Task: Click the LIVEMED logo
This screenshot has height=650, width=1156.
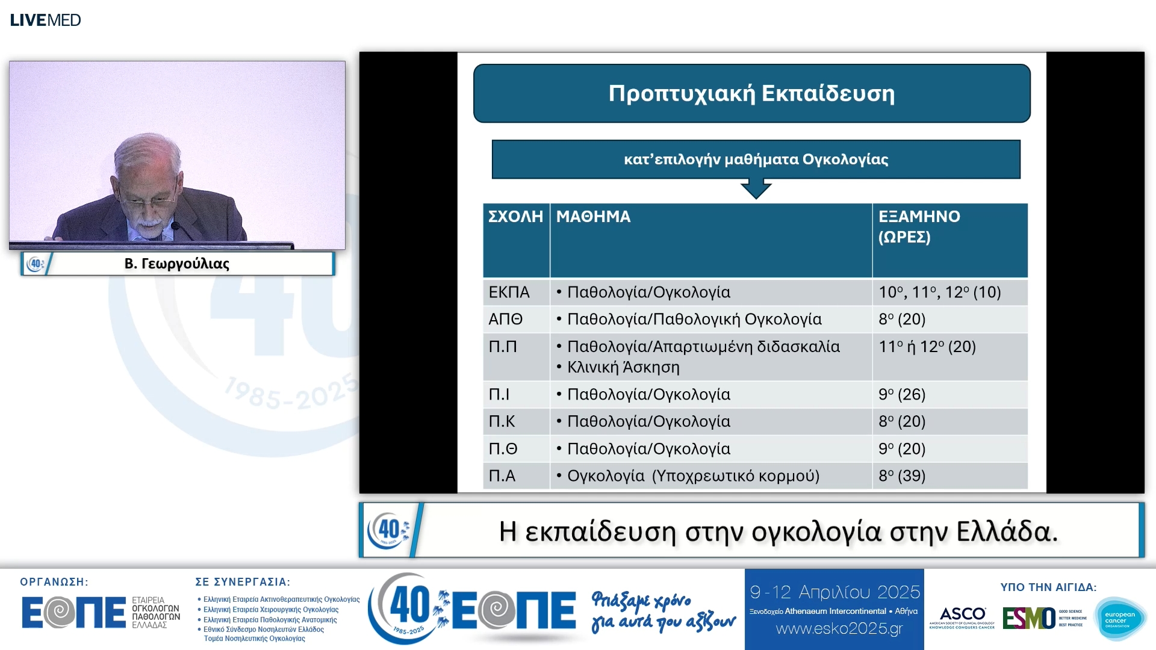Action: [x=45, y=20]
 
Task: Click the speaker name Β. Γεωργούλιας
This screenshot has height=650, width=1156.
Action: [x=176, y=264]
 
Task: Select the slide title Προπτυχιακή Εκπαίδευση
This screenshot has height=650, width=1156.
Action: [x=751, y=94]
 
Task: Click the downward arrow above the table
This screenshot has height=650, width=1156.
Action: [x=756, y=188]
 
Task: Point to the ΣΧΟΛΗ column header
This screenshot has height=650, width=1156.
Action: [x=515, y=217]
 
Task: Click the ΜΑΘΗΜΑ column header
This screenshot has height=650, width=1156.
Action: [x=593, y=217]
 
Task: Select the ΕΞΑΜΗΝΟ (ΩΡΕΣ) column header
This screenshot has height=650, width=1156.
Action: [x=919, y=226]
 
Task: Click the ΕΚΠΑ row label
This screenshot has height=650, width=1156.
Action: [x=509, y=292]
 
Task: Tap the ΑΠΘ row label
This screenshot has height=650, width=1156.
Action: [x=505, y=320]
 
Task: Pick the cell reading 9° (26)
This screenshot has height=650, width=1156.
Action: [x=902, y=395]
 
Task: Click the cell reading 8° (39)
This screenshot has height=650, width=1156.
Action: [x=902, y=476]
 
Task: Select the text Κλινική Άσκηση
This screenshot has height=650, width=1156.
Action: [x=623, y=367]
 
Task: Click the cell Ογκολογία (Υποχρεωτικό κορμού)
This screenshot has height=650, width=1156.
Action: [x=693, y=476]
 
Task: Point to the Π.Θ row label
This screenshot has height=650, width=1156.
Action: [x=503, y=449]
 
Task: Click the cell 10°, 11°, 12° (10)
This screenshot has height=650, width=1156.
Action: [x=939, y=292]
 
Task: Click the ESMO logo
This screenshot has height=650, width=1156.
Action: [x=1029, y=618]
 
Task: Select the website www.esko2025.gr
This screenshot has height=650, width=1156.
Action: [x=839, y=629]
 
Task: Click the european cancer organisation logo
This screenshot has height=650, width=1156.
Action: [x=1119, y=619]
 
